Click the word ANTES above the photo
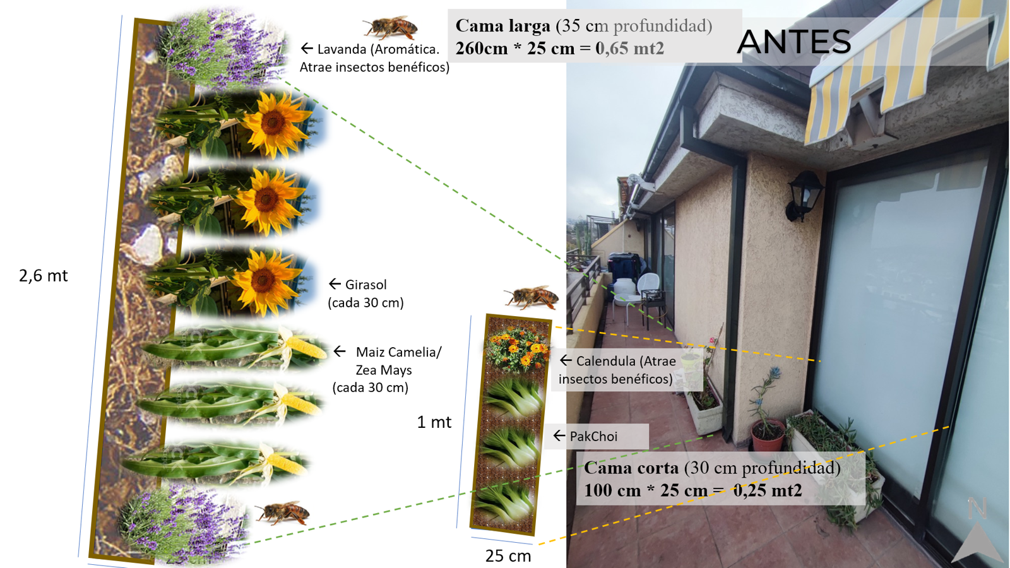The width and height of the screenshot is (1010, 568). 794,42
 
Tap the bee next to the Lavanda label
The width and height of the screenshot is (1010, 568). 391,27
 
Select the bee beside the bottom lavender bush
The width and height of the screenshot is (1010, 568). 283,512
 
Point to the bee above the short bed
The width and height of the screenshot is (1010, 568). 532,297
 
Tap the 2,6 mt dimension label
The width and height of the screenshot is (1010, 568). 44,275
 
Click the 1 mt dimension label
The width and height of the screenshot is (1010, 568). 434,422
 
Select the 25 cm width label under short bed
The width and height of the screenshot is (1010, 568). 508,556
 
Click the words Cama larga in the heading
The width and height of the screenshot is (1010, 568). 502,26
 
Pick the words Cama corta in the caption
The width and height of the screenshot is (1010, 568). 631,468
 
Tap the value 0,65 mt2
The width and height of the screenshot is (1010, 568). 630,48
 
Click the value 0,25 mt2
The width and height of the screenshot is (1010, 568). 768,490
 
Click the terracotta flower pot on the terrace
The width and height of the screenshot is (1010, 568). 768,435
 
